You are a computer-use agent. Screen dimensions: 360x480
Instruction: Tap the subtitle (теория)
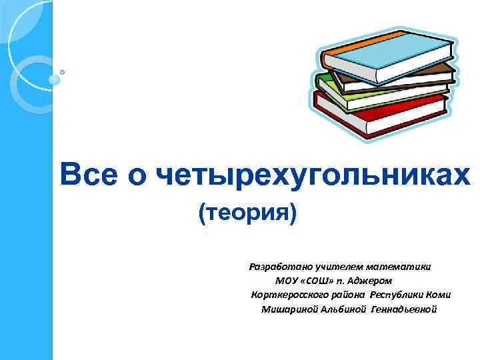point(247,215)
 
